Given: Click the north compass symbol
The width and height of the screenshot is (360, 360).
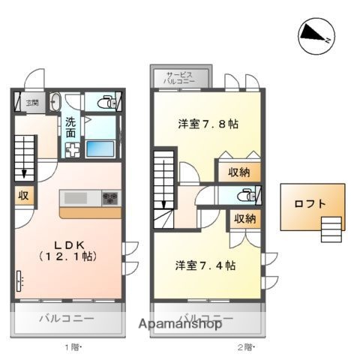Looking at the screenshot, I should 314,36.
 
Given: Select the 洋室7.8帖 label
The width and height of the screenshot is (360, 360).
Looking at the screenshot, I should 208,124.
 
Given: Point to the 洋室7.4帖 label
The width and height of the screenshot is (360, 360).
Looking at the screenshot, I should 206,265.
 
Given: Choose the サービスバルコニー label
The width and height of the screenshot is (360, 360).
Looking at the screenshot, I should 180,78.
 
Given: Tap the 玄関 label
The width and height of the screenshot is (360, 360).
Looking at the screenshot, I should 32,103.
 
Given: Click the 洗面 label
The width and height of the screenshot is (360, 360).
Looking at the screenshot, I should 70,127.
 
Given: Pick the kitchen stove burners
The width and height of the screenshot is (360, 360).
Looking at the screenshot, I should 110,199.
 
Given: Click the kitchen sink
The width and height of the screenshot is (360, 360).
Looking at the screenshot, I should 76,198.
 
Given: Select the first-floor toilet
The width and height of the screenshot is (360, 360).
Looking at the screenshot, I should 104,101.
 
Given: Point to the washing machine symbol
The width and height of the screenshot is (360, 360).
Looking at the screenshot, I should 73,150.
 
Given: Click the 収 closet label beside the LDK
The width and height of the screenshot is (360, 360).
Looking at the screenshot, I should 23,196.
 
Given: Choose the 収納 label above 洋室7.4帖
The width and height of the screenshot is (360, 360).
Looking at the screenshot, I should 244,219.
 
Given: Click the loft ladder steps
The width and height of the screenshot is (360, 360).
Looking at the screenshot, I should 330,225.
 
